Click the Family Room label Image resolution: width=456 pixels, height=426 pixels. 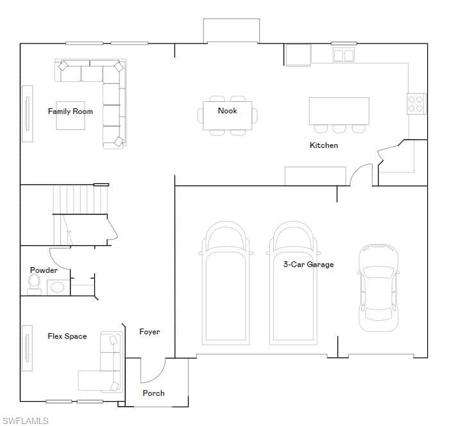[71, 111]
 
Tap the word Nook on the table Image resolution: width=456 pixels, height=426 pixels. [228, 111]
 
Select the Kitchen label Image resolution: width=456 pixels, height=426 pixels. [324, 145]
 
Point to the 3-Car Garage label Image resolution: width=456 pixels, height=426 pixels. [308, 265]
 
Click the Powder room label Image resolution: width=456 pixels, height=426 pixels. [44, 270]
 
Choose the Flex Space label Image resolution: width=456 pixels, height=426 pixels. [67, 336]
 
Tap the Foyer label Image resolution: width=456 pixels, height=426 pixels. [149, 332]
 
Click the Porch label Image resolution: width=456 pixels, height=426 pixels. [153, 393]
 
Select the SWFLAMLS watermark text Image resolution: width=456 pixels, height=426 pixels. [25, 421]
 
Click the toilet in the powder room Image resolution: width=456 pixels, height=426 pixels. [35, 284]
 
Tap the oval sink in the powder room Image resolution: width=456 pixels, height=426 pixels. [57, 288]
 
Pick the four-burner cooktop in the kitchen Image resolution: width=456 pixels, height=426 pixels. [416, 104]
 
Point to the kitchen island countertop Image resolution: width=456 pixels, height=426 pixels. [339, 111]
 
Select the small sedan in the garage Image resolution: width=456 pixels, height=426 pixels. [378, 288]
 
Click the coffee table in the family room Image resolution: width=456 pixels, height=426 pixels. [71, 115]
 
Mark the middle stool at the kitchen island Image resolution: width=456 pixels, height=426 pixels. [339, 129]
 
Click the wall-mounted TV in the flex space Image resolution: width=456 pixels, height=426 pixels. [28, 348]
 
